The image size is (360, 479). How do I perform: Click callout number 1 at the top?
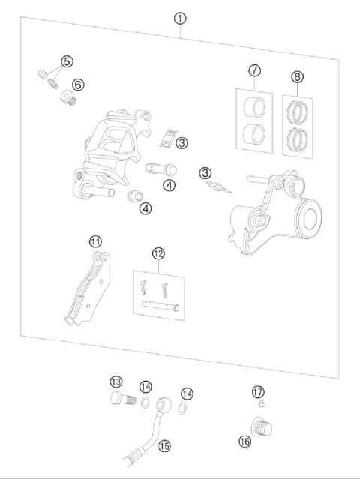click(x=180, y=18)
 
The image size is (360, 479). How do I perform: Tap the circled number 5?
click(x=67, y=61)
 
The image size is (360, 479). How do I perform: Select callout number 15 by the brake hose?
click(x=164, y=445)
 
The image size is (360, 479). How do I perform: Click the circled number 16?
click(x=244, y=441)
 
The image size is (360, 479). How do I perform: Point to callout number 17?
click(x=258, y=391)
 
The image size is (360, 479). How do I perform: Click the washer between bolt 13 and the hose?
click(x=143, y=406)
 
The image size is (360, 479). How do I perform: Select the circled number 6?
click(x=77, y=84)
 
